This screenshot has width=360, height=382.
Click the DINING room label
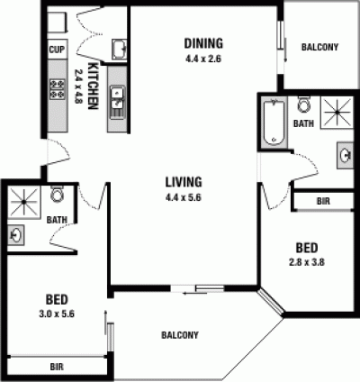[x=203, y=43]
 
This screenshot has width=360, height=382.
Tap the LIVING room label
[x=184, y=182]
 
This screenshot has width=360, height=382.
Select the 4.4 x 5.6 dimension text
[x=183, y=197]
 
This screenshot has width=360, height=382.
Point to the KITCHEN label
[x=93, y=86]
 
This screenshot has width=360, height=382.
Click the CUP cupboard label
[x=57, y=50]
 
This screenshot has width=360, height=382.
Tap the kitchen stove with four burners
[x=58, y=89]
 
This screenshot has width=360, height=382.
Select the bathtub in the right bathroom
[x=274, y=123]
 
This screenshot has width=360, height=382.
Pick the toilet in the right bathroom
[x=304, y=104]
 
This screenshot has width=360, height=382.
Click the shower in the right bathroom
[x=337, y=112]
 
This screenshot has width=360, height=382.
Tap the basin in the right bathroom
[x=345, y=155]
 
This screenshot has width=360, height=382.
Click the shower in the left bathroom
[x=23, y=202]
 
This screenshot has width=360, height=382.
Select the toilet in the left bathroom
[x=57, y=194]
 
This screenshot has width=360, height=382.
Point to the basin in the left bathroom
[x=15, y=235]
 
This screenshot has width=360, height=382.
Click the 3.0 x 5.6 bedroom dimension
[x=57, y=314]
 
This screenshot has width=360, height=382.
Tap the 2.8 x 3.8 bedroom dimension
[x=307, y=262]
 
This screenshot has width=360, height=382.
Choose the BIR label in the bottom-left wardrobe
[x=57, y=367]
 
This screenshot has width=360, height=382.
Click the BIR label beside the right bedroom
[x=323, y=201]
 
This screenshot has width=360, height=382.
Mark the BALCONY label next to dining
[x=319, y=47]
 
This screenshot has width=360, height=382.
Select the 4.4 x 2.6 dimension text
[x=203, y=59]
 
